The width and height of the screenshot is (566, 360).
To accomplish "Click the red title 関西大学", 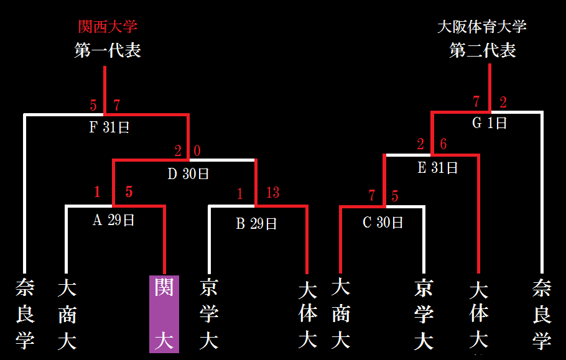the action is (x=108, y=27).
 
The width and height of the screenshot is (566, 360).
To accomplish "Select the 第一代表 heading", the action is (x=108, y=50).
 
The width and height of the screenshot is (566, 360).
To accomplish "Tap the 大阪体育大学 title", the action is (x=482, y=27).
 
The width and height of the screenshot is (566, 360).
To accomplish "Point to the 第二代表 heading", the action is (x=483, y=50).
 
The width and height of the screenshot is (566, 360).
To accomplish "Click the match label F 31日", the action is (x=109, y=127).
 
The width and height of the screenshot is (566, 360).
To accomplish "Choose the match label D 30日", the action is (x=188, y=174).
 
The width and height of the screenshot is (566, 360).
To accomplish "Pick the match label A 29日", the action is (x=113, y=220).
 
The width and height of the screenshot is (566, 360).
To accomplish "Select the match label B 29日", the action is (x=256, y=224).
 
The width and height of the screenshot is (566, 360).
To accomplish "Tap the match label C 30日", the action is (x=383, y=222).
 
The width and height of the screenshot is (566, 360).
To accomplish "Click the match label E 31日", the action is (x=437, y=168).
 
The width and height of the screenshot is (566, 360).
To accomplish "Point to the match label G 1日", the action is (x=489, y=123).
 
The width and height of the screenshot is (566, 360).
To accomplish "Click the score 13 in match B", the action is (x=272, y=193).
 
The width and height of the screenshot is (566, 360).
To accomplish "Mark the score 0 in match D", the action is (x=197, y=150).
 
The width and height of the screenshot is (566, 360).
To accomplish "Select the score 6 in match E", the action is (x=443, y=144).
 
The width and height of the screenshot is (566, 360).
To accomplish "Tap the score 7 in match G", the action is (x=476, y=101).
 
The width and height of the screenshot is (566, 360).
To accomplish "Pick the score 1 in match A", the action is (x=97, y=192).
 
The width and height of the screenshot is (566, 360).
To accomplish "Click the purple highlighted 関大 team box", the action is (x=164, y=314).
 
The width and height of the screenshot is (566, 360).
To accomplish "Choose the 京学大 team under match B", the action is (x=209, y=314).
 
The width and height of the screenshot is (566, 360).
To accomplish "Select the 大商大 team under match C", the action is (x=341, y=314).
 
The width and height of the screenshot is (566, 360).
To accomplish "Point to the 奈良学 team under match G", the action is (x=542, y=315).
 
